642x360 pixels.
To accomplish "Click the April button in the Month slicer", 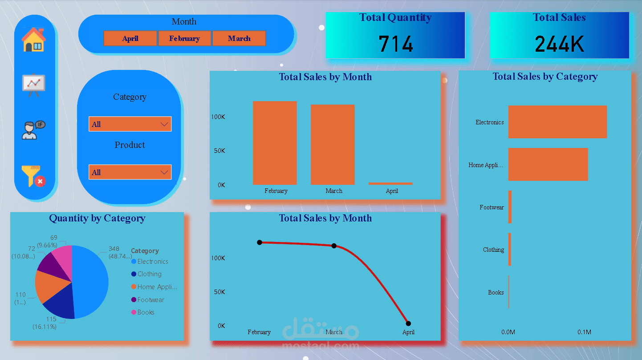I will [130, 38].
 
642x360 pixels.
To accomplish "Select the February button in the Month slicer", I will [184, 38].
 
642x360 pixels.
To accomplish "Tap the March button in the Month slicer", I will [239, 38].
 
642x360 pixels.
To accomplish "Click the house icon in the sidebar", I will [33, 40].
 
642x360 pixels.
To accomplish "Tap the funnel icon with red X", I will [33, 176].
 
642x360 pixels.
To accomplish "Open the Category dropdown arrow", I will [164, 124].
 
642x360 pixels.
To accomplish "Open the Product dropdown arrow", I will [164, 172].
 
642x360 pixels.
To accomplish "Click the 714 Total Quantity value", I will [395, 44].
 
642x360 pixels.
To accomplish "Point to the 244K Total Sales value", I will [559, 44].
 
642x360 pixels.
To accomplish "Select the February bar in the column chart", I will [275, 143].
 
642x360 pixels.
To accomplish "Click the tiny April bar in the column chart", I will [390, 183].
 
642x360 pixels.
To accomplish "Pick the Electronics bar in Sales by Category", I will [557, 122].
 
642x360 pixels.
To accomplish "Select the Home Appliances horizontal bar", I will [548, 164].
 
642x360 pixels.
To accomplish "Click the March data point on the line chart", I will [334, 246].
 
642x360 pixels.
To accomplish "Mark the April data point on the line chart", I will [408, 323].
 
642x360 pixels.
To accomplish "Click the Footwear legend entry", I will [150, 300].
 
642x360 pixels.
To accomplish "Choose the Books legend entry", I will [146, 312].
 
